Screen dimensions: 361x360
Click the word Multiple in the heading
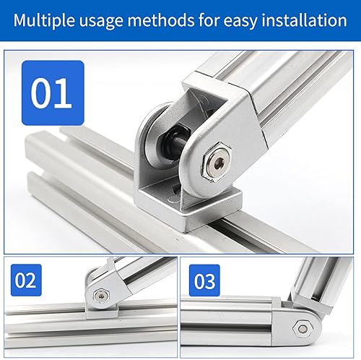pos(44,20)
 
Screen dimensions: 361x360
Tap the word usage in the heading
pos(101,22)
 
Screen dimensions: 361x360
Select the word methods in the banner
pos(160,20)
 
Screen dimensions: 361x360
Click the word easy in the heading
pos(240,22)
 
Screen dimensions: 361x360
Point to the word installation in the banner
pos(304,20)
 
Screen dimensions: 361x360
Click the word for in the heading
pos(209,20)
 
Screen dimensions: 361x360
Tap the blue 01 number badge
pos(53,93)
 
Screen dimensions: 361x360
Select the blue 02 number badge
pos(26,280)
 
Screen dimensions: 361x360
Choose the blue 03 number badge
pos(204,280)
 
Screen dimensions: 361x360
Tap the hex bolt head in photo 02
pos(101,296)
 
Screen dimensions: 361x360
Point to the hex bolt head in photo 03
pos(303,328)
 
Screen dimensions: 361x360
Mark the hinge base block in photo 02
pos(102,312)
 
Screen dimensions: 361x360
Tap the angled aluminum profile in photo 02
pos(144,273)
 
